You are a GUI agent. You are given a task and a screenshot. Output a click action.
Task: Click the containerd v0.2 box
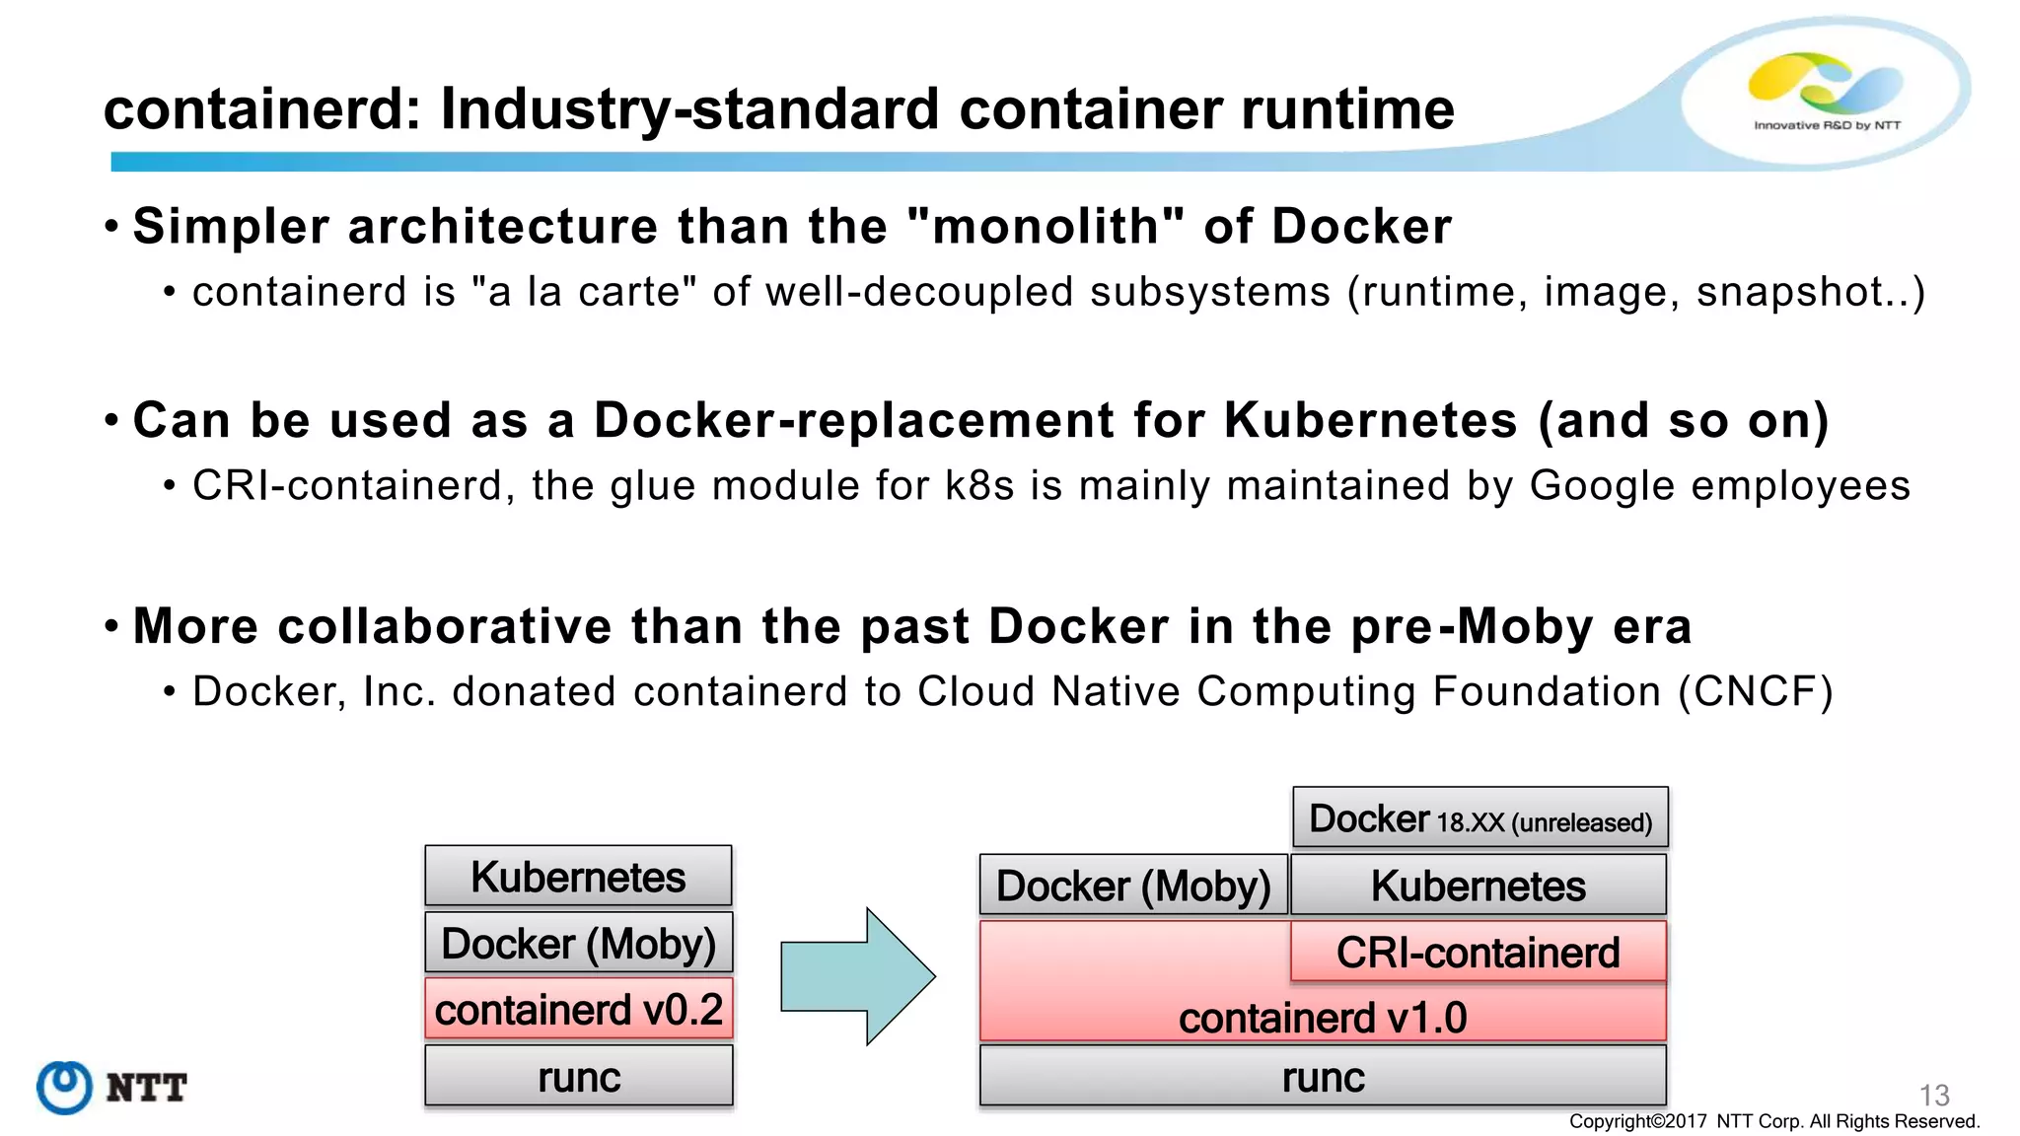coord(579,1010)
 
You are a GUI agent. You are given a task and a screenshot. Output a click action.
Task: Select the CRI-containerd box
coord(1478,953)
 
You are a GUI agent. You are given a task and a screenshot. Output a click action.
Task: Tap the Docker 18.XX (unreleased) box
coord(1479,818)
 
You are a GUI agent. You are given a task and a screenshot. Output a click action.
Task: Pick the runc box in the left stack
coord(579,1077)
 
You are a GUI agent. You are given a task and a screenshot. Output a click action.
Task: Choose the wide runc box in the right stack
coord(1323,1077)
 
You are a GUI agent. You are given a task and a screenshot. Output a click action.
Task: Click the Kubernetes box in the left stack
coord(579,877)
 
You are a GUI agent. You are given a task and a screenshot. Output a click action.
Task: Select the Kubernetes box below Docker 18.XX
coord(1478,886)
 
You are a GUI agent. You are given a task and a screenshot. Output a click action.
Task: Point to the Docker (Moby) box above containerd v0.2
coord(579,944)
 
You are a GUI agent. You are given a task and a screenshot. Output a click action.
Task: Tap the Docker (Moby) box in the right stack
coord(1133,886)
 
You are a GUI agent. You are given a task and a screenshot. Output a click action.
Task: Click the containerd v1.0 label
coord(1323,1018)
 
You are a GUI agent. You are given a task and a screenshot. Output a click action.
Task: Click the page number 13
coord(1933,1095)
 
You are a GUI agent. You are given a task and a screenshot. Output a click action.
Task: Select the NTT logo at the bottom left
coord(111,1087)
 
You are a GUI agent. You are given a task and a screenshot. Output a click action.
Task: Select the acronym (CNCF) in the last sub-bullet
coord(1755,691)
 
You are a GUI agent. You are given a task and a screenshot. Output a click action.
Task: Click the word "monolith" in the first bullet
coord(1046,227)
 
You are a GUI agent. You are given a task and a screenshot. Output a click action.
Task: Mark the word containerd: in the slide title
coord(262,108)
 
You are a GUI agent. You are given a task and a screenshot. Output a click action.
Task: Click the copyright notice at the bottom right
coord(1773,1121)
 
